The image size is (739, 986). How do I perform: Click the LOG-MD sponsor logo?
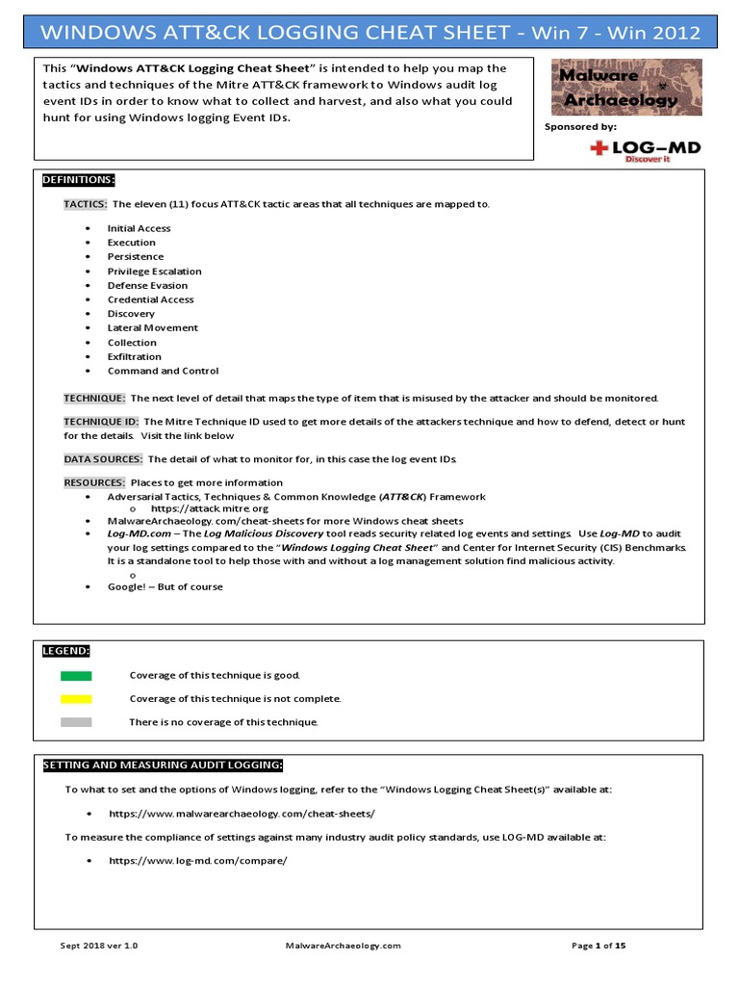point(645,150)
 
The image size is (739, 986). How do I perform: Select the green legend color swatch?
point(76,676)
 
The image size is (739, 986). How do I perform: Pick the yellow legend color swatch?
point(76,699)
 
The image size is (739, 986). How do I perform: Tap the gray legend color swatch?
point(76,722)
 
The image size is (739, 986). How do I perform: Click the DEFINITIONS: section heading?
point(79,180)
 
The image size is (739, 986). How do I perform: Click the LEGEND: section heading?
point(65,652)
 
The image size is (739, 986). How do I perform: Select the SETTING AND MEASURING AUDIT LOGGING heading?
point(163,765)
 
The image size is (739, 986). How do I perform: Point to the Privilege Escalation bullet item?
point(154,272)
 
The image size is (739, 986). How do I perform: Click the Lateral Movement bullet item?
point(152,328)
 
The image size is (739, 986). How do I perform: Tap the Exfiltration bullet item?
point(134,356)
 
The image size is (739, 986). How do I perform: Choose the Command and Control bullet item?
point(163,371)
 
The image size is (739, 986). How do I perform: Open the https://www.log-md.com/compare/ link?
point(198,860)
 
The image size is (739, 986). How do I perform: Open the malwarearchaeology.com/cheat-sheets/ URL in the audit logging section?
point(242,814)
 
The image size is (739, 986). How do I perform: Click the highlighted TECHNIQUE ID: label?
point(102,422)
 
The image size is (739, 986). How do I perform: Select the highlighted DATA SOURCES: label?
point(103,459)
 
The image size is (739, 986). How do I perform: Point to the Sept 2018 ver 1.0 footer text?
point(93,947)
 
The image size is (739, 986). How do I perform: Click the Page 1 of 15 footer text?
point(599,947)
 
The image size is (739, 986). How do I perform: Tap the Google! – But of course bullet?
point(165,586)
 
